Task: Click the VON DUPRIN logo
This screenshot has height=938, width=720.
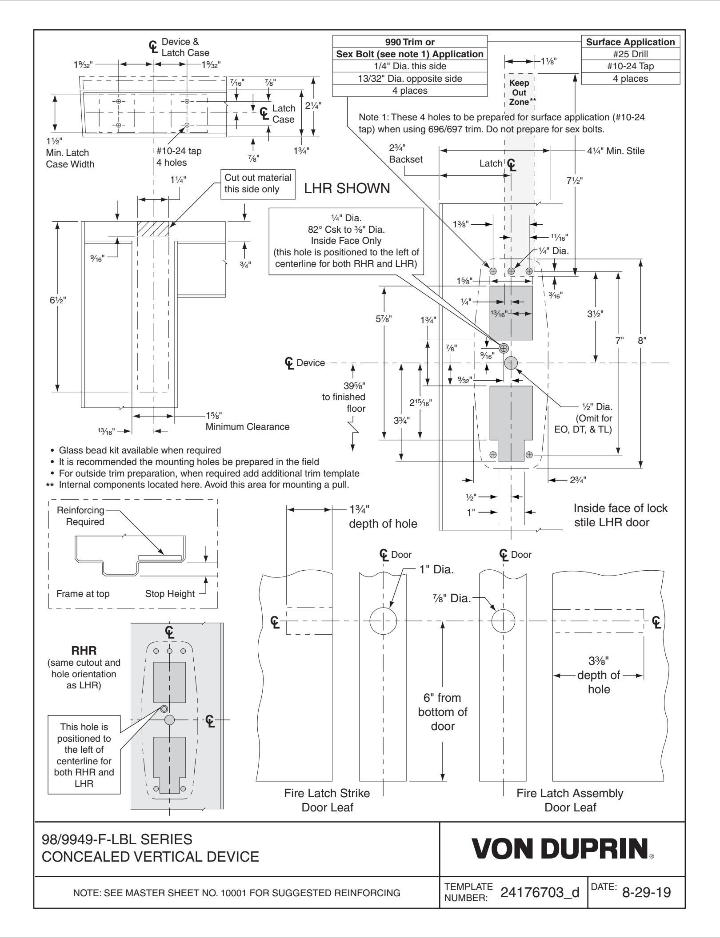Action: [x=561, y=848]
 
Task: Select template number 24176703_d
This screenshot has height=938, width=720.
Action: [x=540, y=892]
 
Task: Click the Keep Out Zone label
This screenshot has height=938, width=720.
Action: [x=519, y=92]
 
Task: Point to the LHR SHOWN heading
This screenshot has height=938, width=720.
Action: [x=347, y=188]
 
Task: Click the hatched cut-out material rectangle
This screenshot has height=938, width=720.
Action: [x=153, y=228]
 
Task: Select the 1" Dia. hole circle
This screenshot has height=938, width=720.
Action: [x=384, y=620]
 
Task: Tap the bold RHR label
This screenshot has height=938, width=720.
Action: [x=84, y=651]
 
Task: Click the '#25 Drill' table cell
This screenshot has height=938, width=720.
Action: [x=630, y=54]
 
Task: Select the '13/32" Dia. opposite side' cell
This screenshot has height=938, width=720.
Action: [x=409, y=79]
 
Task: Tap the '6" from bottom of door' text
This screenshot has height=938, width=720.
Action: [x=443, y=712]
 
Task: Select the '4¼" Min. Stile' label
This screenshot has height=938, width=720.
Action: [x=616, y=151]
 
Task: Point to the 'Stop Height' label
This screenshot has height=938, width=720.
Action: [x=170, y=594]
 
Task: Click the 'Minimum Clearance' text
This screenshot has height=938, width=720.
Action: [x=247, y=427]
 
